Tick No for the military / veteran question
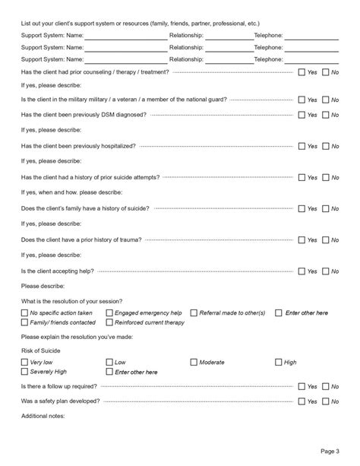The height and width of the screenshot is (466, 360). click(x=326, y=100)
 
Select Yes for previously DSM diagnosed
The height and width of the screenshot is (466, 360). click(x=302, y=114)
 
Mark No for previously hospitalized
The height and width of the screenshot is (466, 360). click(x=326, y=146)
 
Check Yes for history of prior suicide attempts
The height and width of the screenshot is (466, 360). click(x=302, y=177)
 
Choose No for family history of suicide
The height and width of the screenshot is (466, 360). click(x=326, y=208)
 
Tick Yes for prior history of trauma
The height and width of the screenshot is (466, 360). click(x=302, y=239)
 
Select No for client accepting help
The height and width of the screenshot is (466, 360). click(x=326, y=271)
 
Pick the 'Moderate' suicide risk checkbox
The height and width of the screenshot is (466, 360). click(x=194, y=363)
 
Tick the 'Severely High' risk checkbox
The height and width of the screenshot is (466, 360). click(x=25, y=372)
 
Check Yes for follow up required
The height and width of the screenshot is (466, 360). click(x=302, y=387)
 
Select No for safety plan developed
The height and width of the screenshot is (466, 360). click(x=326, y=401)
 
